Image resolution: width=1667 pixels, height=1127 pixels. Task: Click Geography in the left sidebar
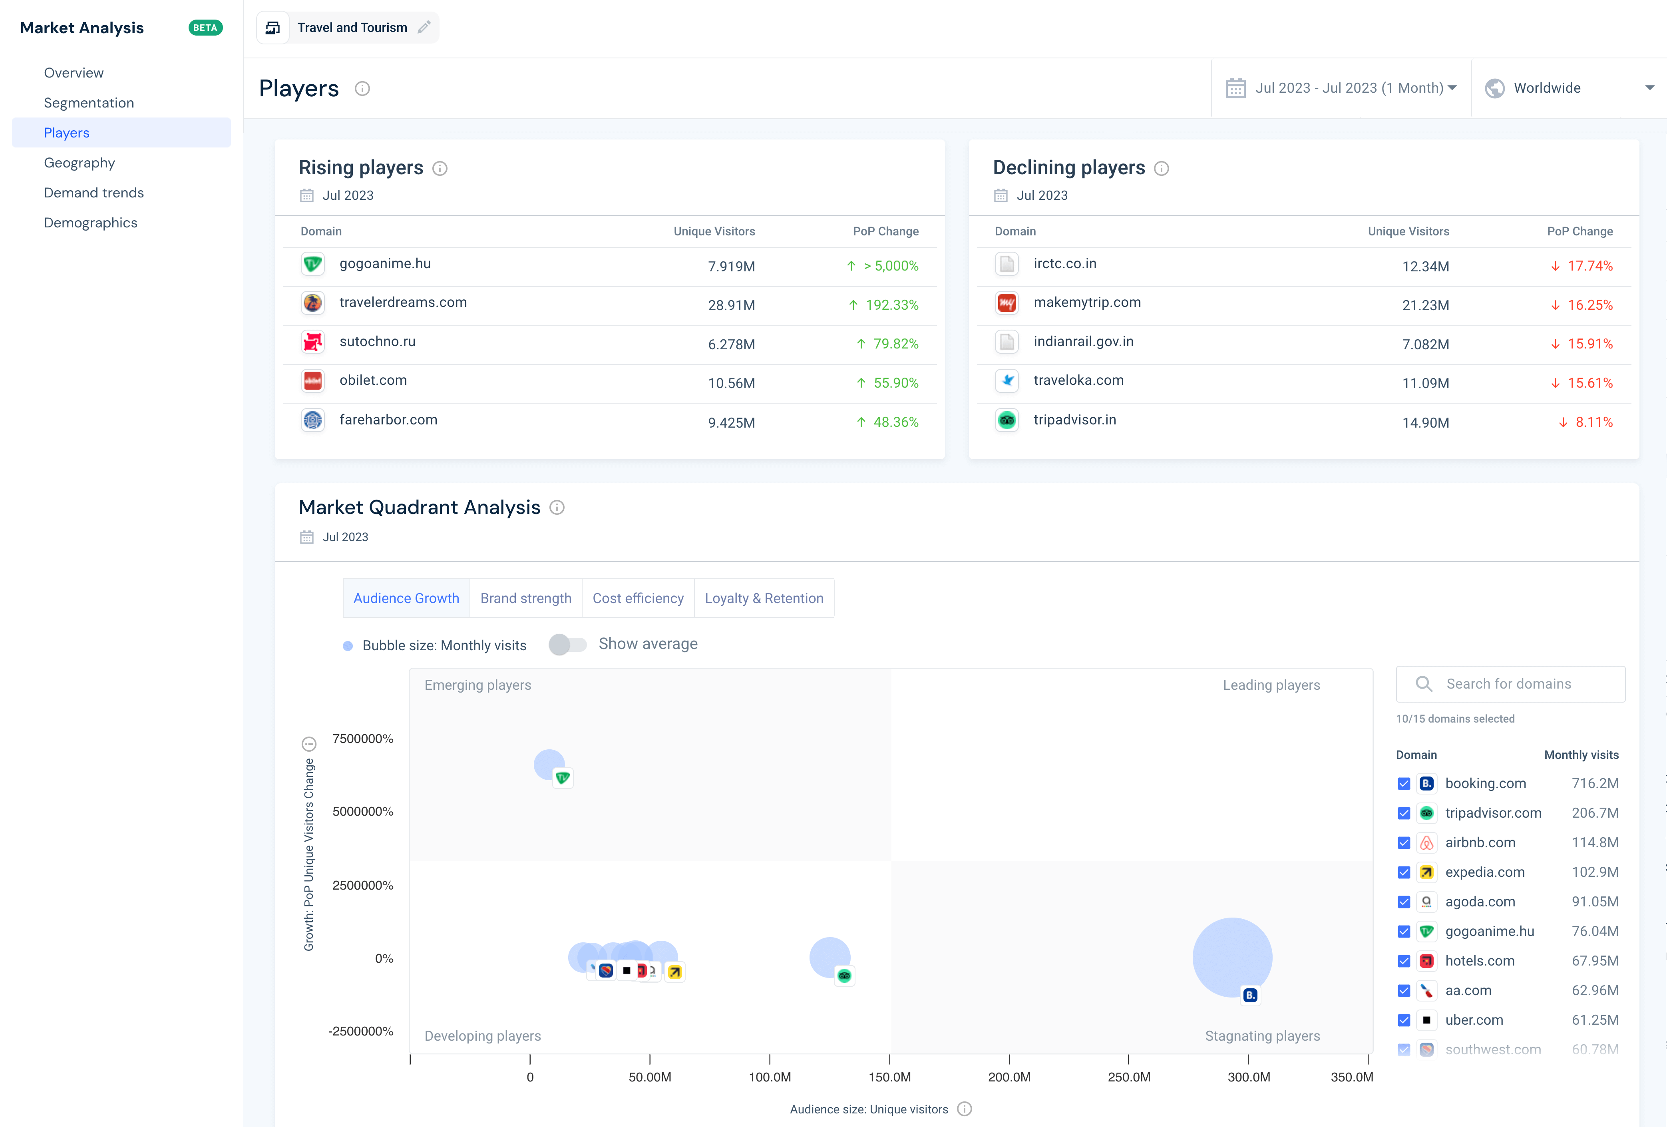pos(79,163)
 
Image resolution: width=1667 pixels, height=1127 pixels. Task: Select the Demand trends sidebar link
pos(93,193)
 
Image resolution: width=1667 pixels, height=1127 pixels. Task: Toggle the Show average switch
pos(567,644)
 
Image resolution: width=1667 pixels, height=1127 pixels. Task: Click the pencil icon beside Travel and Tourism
pos(424,27)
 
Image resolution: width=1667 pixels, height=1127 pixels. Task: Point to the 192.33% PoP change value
pos(891,305)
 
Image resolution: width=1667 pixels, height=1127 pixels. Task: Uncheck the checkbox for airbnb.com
pos(1404,843)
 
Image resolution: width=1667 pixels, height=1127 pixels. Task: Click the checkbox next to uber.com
pos(1404,1020)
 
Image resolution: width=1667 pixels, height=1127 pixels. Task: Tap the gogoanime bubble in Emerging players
pos(549,765)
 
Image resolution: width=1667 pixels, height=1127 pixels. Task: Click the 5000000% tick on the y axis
pos(362,811)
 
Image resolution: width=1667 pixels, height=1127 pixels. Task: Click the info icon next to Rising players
pos(440,169)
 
